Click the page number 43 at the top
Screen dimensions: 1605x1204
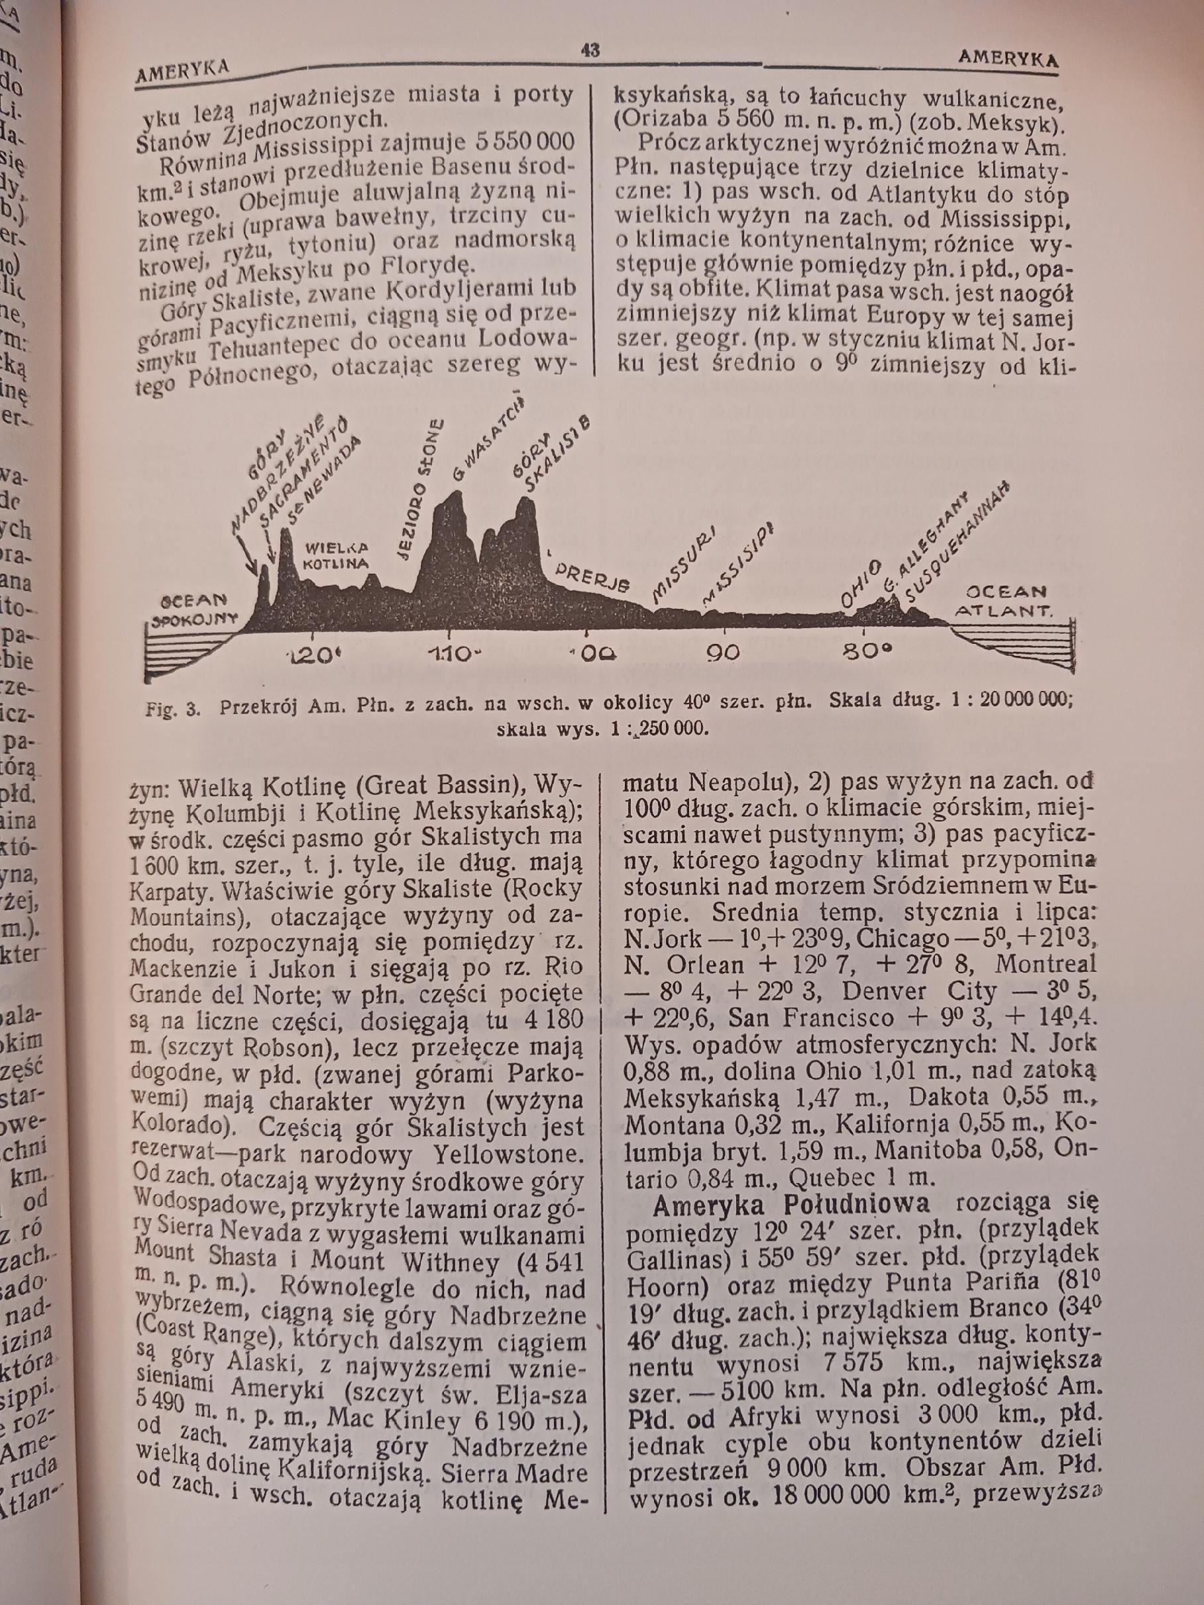point(589,50)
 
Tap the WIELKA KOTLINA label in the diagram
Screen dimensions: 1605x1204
point(335,555)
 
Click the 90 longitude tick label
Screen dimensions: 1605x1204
point(724,652)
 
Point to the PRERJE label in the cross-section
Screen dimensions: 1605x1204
point(592,576)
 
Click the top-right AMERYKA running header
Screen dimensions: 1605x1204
point(1008,58)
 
